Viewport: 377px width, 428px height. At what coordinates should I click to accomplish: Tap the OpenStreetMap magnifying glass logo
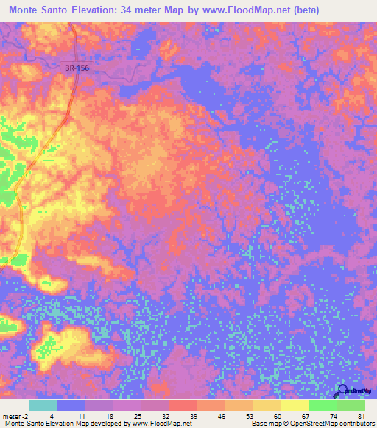pos(343,390)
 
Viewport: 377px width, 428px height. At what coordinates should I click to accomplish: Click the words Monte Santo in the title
pos(41,10)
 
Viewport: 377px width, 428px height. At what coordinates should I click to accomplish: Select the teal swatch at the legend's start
pos(43,405)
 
